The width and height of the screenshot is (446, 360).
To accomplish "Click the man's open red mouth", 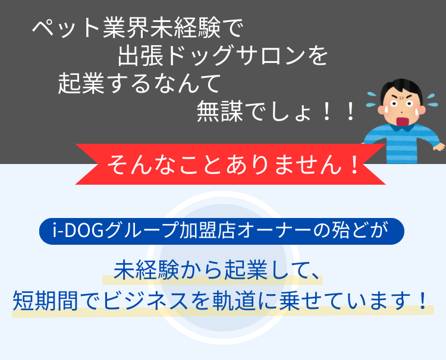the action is [x=403, y=121].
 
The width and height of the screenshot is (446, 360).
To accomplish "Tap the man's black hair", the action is [x=401, y=87].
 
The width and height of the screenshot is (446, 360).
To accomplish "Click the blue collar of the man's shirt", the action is [x=402, y=128].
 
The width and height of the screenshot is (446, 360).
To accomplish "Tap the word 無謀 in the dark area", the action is [x=219, y=112].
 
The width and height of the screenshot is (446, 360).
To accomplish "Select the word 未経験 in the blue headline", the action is [x=146, y=270].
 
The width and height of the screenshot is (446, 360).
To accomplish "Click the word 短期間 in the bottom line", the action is [x=45, y=301].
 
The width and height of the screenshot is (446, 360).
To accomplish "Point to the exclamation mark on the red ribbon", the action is [x=354, y=165].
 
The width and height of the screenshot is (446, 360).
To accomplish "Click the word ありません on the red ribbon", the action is [x=284, y=165].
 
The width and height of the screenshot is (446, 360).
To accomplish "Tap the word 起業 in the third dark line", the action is [x=81, y=84].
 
